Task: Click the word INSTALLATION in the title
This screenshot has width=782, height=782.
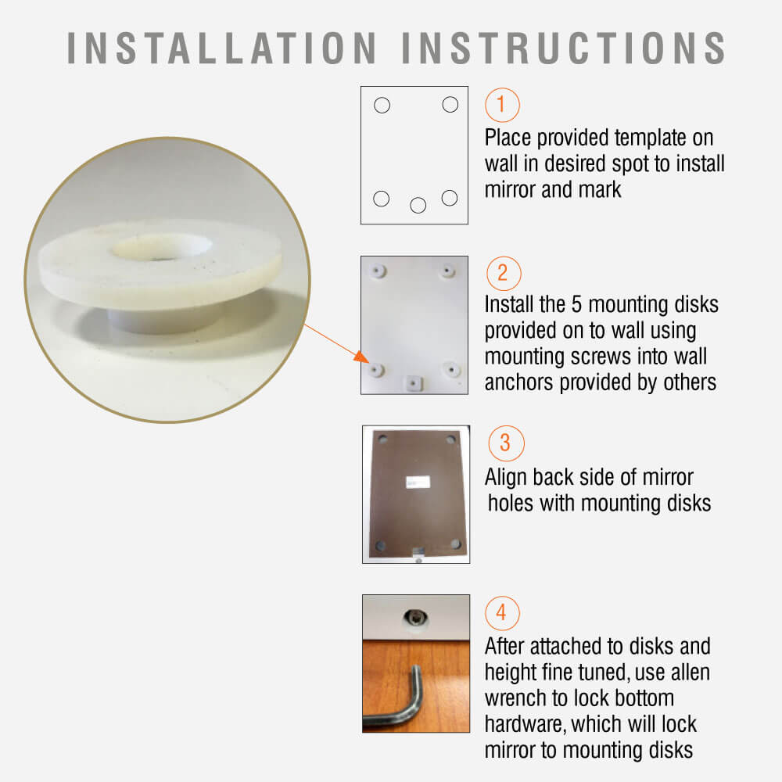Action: point(221,48)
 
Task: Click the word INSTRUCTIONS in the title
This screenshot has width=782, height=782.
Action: point(564,48)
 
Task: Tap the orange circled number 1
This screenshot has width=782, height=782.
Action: point(502,105)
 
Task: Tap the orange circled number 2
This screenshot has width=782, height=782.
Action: point(503,273)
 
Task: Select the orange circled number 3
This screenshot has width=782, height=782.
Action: point(506,443)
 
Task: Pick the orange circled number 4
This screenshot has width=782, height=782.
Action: point(502,613)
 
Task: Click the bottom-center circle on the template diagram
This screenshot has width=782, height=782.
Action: point(418,205)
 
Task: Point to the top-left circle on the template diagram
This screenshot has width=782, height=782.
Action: point(382,106)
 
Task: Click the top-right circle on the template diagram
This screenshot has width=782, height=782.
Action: point(450,104)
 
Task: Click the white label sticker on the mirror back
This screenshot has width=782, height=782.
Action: point(418,482)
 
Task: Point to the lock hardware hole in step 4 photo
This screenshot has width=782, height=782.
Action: point(415,619)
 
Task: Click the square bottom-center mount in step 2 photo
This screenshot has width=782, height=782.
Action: point(414,383)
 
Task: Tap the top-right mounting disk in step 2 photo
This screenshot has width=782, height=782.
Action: point(447,271)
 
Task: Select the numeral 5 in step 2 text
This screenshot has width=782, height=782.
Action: point(576,304)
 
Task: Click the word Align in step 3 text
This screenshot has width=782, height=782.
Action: point(506,477)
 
